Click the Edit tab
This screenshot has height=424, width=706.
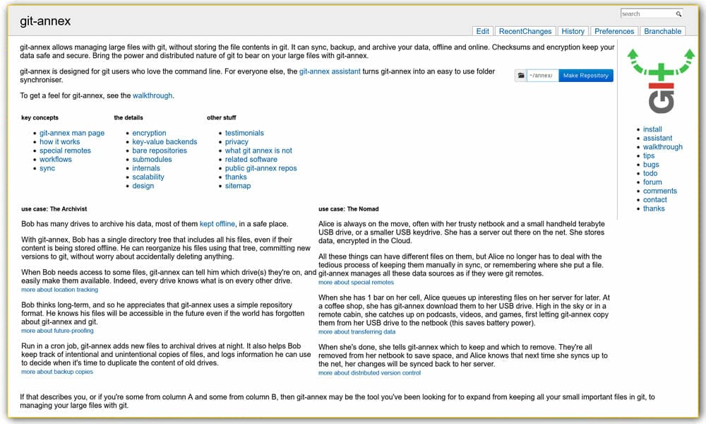point(483,31)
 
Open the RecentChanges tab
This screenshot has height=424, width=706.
point(525,31)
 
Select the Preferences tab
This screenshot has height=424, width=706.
point(614,31)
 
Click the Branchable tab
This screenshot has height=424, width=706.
point(663,31)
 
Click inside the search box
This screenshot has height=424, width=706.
point(647,13)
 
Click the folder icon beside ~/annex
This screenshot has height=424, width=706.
point(520,76)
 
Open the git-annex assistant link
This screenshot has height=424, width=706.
point(330,71)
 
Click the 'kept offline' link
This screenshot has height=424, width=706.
point(217,224)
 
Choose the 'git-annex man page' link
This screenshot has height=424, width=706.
point(72,133)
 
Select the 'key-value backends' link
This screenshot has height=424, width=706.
point(164,142)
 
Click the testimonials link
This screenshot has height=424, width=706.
point(244,133)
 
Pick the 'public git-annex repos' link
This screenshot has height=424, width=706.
point(261,168)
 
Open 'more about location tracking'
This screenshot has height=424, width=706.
point(59,290)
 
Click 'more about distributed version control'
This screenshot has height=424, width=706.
point(369,372)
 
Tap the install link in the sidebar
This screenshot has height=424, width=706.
point(652,129)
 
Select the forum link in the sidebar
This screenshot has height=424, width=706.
point(652,182)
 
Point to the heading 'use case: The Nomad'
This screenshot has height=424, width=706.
point(348,209)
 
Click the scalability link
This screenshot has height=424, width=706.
point(148,177)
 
